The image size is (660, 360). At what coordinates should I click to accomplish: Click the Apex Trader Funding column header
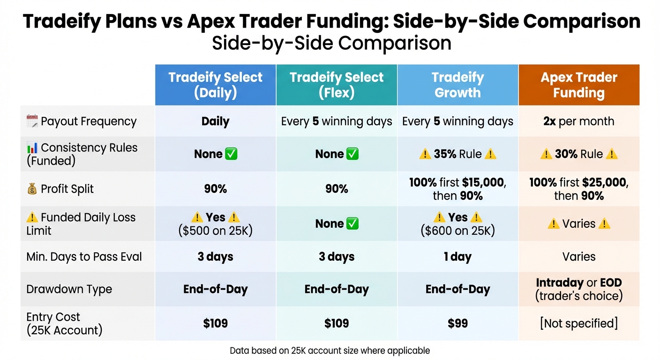579,85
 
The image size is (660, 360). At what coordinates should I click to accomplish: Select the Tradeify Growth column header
457,85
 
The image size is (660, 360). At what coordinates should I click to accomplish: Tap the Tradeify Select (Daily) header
216,85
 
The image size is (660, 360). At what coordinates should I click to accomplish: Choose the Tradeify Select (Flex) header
337,85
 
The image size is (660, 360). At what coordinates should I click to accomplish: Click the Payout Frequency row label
89,121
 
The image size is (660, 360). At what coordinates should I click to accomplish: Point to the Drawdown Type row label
69,289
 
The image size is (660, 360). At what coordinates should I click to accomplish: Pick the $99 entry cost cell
457,323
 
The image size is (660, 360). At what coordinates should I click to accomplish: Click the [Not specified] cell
579,323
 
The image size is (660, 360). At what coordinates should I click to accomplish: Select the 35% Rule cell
457,154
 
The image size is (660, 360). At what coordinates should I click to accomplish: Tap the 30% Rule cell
579,154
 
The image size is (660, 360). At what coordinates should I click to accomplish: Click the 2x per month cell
579,121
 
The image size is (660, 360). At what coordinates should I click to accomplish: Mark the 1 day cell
457,257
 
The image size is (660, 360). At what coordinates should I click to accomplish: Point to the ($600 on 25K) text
457,231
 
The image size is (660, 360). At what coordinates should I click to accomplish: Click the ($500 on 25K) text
216,231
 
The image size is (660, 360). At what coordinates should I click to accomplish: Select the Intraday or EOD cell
579,289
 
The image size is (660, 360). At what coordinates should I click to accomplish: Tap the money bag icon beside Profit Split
32,189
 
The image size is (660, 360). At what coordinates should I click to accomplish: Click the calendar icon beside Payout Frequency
32,121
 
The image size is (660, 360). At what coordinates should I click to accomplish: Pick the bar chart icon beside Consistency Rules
32,148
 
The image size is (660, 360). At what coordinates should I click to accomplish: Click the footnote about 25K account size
330,350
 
